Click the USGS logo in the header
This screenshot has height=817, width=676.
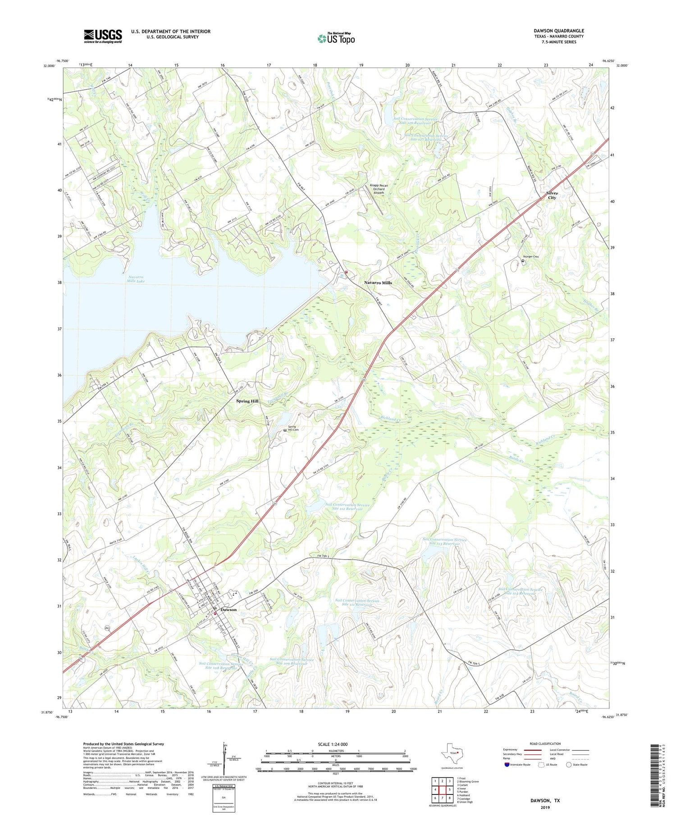click(x=103, y=36)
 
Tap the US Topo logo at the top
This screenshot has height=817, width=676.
click(x=336, y=38)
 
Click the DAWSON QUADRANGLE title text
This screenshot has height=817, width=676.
click(x=558, y=31)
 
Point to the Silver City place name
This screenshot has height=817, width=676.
click(x=552, y=195)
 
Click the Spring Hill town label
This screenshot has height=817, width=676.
click(x=247, y=401)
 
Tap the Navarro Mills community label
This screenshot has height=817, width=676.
click(x=378, y=283)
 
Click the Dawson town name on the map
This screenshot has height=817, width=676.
click(x=228, y=609)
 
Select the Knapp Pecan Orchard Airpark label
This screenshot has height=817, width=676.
click(x=379, y=189)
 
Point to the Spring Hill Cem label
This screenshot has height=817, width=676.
click(x=293, y=429)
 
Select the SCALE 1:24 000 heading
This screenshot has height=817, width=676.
click(x=333, y=744)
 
